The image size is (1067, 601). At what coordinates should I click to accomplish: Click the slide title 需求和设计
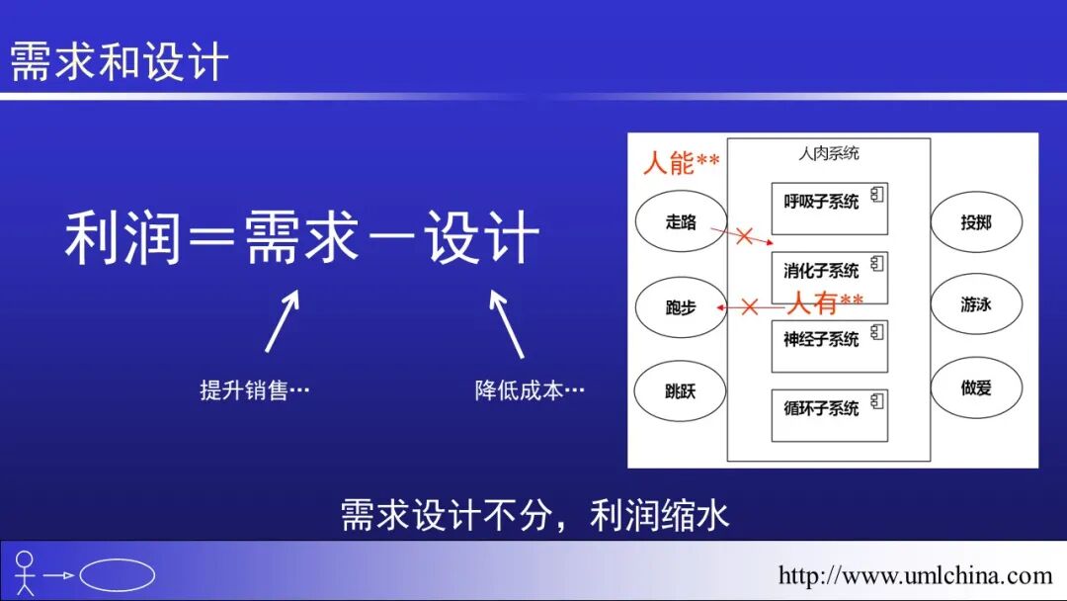pos(119,62)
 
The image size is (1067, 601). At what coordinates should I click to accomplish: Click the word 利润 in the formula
pos(123,238)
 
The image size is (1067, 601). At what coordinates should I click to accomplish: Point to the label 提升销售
pos(255,390)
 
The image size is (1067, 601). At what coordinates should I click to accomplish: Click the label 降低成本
pos(530,390)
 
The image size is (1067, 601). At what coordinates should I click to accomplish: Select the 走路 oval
pos(681,222)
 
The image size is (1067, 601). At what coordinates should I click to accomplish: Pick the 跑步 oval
pos(681,306)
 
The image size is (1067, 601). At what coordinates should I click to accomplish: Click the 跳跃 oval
pos(681,390)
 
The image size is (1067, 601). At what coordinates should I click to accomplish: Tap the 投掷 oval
pos(976,222)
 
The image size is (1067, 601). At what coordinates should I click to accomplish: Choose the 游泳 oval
pos(976,304)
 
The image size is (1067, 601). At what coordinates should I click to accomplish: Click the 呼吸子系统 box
pos(829,208)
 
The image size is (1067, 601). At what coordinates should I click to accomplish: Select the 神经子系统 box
pos(829,346)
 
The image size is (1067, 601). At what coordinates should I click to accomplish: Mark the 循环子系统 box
pos(829,415)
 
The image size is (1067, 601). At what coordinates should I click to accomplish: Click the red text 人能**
pos(681,162)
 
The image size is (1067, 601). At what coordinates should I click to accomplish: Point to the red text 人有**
pos(824,301)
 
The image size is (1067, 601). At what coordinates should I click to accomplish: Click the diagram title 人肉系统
pos(829,153)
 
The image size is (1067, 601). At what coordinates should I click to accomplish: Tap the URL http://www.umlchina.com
pos(915,575)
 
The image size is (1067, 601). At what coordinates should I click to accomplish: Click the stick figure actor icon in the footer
pos(25,573)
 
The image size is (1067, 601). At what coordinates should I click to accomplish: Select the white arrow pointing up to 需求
pos(282,321)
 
